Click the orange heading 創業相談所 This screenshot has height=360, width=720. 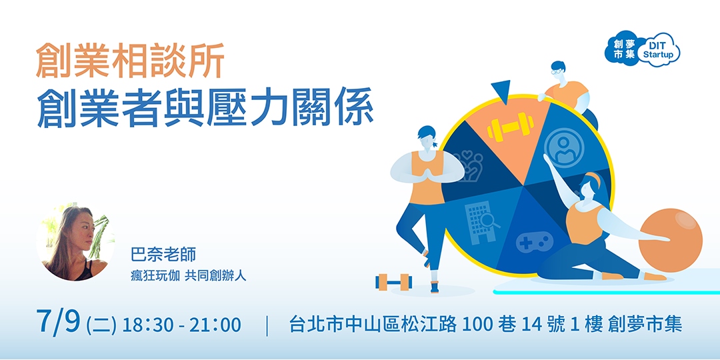[129, 61]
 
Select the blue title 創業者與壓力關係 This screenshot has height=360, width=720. [205, 107]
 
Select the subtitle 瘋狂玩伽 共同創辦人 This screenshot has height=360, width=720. [189, 275]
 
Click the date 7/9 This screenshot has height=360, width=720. [59, 323]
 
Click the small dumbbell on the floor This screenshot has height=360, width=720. [394, 281]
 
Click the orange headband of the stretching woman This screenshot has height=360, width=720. [595, 179]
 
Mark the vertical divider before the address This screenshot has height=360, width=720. [267, 325]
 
